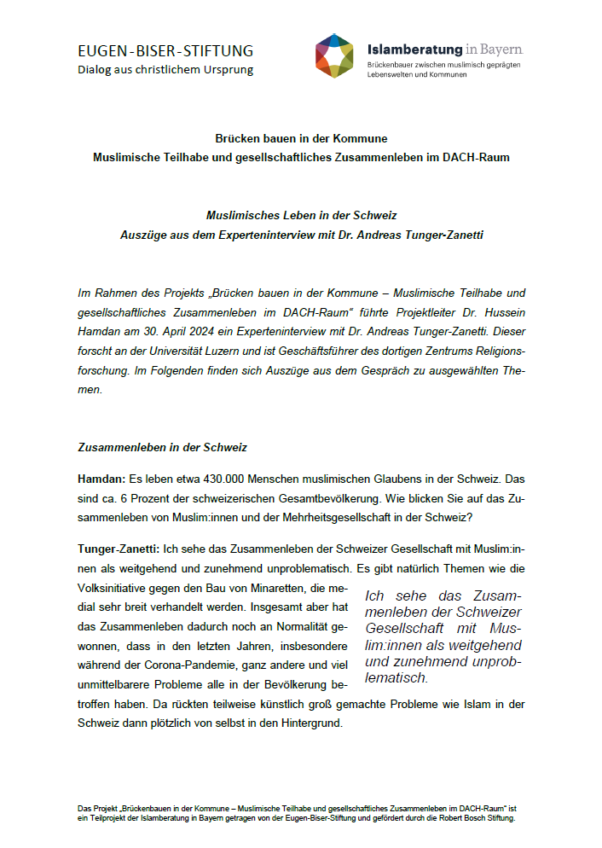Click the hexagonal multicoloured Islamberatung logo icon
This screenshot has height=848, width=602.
tap(334, 55)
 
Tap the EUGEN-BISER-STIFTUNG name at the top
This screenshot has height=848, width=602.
tap(165, 50)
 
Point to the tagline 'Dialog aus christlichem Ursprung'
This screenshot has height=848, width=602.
tap(165, 69)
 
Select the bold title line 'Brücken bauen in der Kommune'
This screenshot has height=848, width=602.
tap(301, 138)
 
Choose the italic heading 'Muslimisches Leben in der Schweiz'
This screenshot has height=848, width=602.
tap(301, 215)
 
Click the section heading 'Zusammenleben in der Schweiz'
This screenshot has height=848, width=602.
tap(162, 446)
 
